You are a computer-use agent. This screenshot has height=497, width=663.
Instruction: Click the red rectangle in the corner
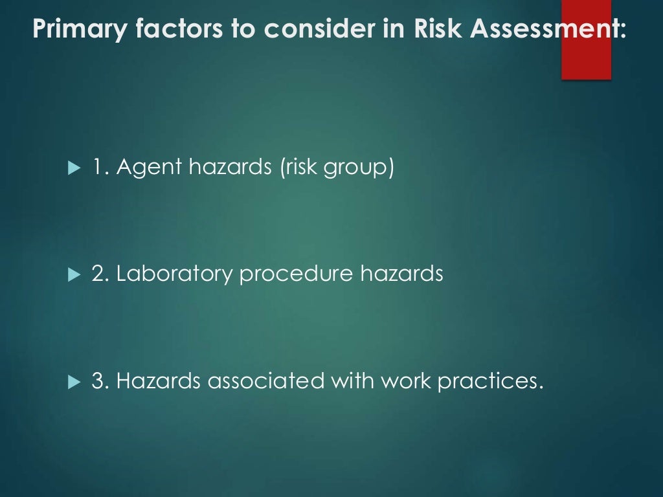pyautogui.click(x=586, y=40)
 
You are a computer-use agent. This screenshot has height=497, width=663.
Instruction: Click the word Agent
pyautogui.click(x=150, y=168)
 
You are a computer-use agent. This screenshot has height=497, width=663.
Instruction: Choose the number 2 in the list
pyautogui.click(x=99, y=274)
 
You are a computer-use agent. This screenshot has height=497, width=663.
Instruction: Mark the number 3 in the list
pyautogui.click(x=99, y=381)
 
